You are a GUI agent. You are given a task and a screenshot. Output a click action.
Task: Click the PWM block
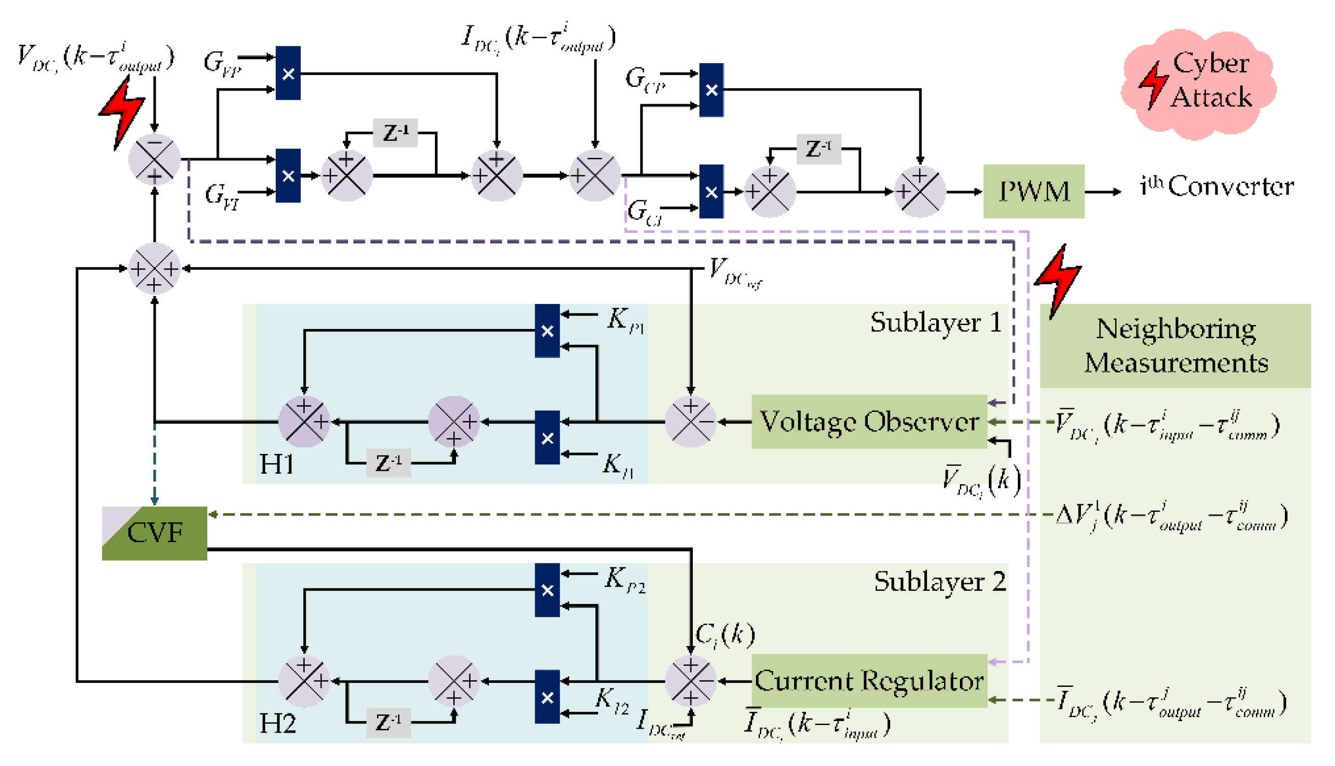tap(1033, 191)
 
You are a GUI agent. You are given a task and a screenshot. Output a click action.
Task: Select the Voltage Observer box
tap(869, 422)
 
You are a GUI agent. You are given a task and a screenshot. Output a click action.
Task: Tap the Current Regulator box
tap(869, 681)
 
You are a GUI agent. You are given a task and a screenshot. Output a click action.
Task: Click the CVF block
tap(155, 533)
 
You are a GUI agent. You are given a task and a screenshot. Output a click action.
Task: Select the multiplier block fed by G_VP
tap(288, 73)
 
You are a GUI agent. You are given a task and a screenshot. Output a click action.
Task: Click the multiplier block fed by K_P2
tap(547, 590)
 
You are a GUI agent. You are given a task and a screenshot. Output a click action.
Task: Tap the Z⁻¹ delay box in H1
tap(388, 463)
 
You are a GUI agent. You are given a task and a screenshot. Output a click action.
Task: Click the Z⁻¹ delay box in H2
tap(388, 722)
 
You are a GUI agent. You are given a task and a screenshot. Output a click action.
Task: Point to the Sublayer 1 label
tap(936, 323)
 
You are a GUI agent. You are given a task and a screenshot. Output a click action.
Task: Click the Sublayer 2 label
tap(940, 582)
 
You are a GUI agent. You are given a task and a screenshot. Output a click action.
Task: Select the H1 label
tap(277, 464)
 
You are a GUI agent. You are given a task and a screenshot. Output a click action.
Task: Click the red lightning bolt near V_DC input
tap(122, 113)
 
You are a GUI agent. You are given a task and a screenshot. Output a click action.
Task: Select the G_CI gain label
tap(645, 212)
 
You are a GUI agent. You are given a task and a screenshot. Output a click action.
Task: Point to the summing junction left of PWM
tap(919, 191)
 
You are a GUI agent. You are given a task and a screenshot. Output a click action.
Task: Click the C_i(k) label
tap(725, 635)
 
